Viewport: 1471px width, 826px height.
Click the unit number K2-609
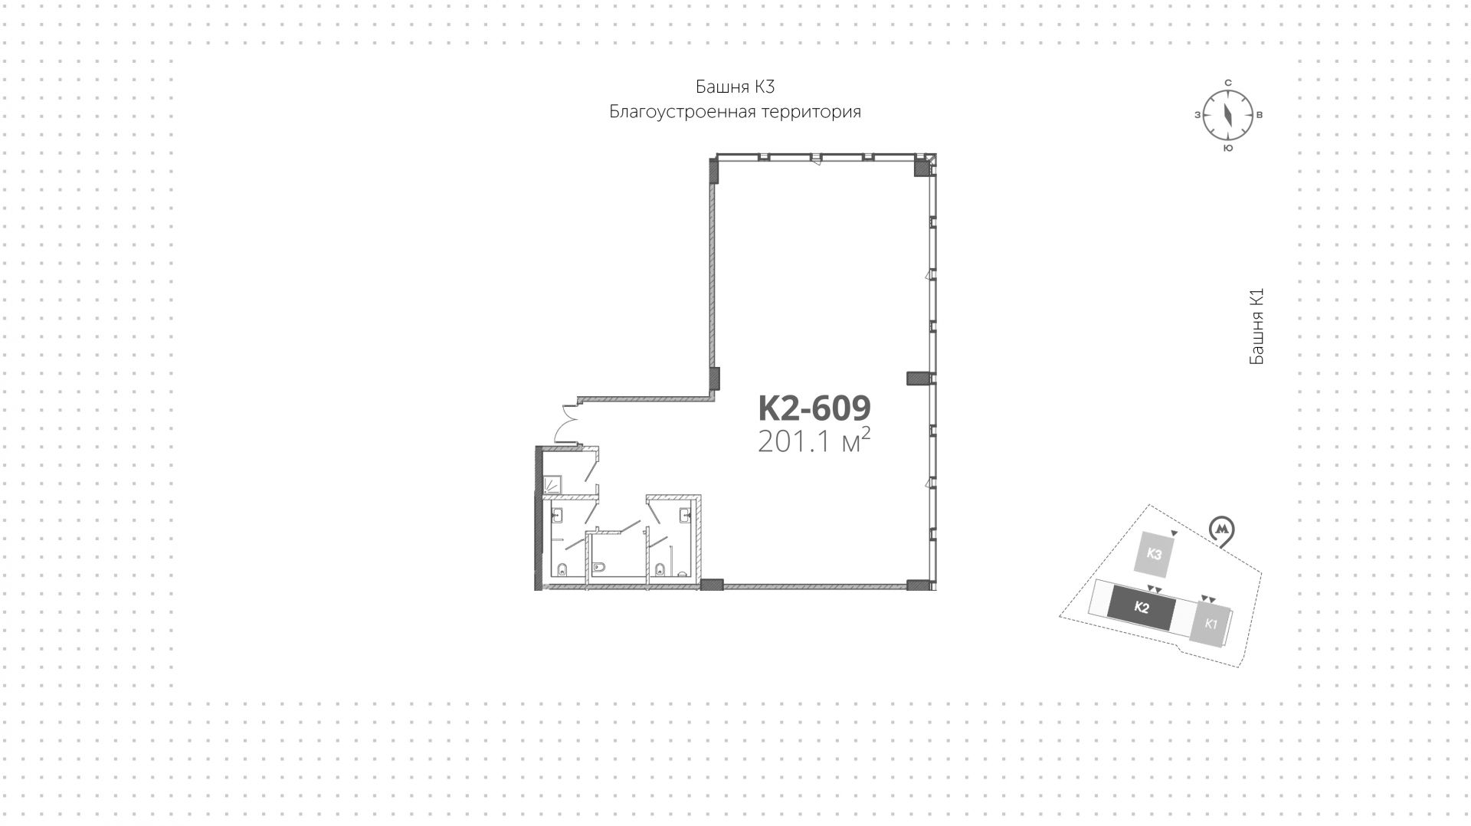pos(814,408)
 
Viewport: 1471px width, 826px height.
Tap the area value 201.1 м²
pos(814,442)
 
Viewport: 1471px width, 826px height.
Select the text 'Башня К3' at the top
pos(735,87)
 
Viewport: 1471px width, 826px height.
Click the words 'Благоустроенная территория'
pos(735,112)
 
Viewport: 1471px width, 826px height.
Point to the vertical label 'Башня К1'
pos(1256,326)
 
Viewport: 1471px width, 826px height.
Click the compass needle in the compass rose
pos(1227,115)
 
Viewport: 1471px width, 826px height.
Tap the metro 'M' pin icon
pos(1221,530)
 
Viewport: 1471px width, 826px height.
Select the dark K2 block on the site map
pos(1141,608)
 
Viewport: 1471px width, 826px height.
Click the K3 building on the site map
pos(1155,554)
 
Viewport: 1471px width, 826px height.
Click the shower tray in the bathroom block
pos(552,484)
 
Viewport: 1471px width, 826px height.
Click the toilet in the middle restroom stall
pos(600,568)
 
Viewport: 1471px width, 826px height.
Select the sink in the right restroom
pos(687,515)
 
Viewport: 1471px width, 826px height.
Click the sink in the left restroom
pos(558,515)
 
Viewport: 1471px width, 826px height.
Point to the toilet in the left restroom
pos(562,569)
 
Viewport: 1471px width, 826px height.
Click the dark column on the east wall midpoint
pos(917,378)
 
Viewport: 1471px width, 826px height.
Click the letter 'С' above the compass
pos(1227,83)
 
